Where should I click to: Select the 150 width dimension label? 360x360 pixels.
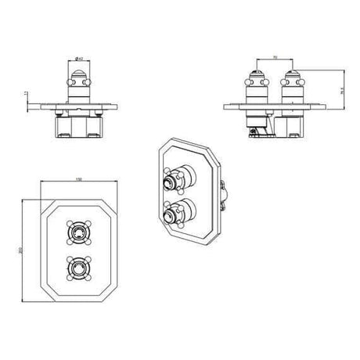(x=78, y=180)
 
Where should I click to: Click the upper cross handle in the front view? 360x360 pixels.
(x=79, y=232)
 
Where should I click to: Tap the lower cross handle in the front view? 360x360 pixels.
(x=79, y=268)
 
